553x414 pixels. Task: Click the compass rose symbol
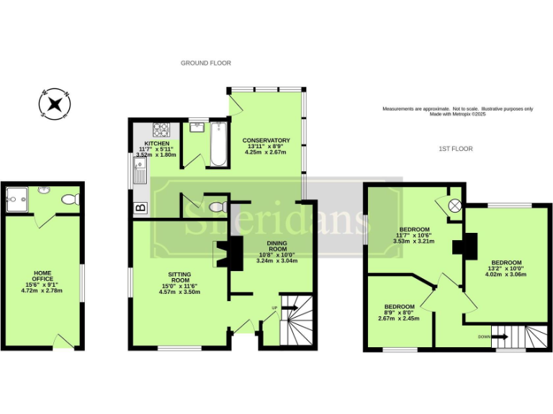pyautogui.click(x=55, y=103)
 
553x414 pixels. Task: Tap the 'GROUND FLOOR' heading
pyautogui.click(x=205, y=63)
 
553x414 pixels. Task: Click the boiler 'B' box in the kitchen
pyautogui.click(x=140, y=208)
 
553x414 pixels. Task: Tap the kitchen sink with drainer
pyautogui.click(x=139, y=172)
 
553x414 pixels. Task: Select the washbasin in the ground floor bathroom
pyautogui.click(x=195, y=128)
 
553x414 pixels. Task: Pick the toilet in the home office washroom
pyautogui.click(x=71, y=199)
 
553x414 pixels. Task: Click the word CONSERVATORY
pyautogui.click(x=266, y=140)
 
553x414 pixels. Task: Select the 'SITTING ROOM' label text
pyautogui.click(x=179, y=277)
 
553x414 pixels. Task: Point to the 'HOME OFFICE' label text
pyautogui.click(x=44, y=276)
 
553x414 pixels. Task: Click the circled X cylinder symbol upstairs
pyautogui.click(x=454, y=206)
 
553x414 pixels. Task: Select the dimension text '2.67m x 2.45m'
pyautogui.click(x=398, y=318)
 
